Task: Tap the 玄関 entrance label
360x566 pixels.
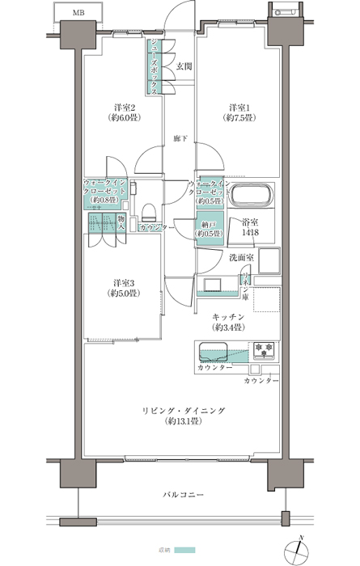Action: click(x=184, y=66)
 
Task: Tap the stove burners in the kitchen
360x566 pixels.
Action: click(x=264, y=350)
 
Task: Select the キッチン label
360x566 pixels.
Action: click(x=229, y=317)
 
